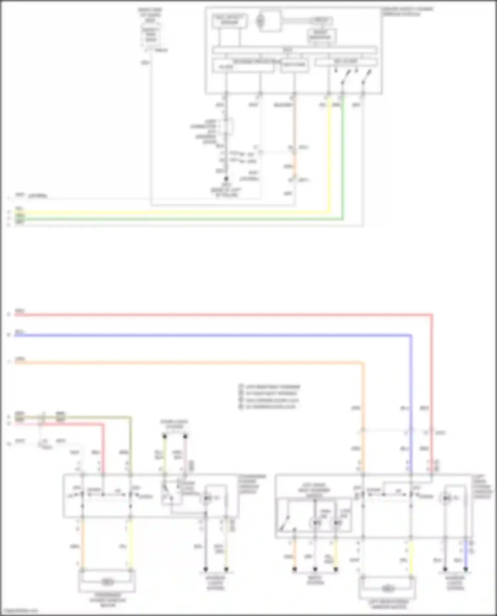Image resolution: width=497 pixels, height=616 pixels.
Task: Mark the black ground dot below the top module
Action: click(x=226, y=179)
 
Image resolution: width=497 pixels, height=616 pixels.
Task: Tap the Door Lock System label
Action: click(x=174, y=424)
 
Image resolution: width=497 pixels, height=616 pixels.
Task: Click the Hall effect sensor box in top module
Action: click(x=229, y=21)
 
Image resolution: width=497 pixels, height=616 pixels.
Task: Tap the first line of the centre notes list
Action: click(x=270, y=387)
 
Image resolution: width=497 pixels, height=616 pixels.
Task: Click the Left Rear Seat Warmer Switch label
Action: click(x=314, y=490)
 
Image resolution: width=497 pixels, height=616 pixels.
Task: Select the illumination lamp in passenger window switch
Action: click(x=207, y=498)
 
